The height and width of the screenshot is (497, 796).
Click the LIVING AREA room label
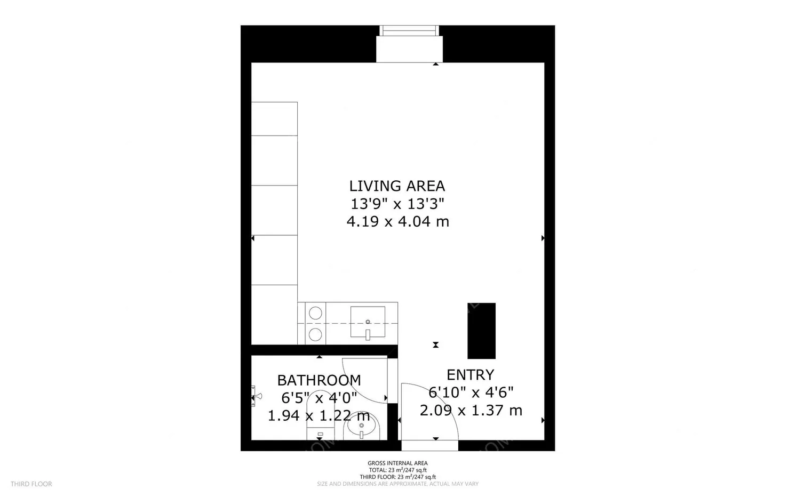[397, 186]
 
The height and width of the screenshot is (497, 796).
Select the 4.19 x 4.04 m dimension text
[397, 221]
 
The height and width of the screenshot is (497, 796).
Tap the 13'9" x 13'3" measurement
[397, 204]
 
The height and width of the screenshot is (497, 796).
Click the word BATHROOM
[319, 380]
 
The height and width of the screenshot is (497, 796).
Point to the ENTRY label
[470, 374]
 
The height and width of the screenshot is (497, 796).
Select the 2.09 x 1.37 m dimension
[471, 410]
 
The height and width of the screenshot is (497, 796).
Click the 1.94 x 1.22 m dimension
[319, 415]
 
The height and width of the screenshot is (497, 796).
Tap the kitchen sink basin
[368, 322]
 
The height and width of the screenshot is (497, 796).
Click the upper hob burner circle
[315, 313]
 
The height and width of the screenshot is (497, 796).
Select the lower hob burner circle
[315, 334]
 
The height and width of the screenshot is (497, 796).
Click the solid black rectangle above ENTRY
[481, 331]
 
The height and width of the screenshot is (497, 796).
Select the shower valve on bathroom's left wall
[256, 396]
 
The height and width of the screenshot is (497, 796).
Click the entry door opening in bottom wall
[429, 445]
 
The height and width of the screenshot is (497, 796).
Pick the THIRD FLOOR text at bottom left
[31, 484]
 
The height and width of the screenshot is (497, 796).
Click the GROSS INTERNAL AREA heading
[397, 463]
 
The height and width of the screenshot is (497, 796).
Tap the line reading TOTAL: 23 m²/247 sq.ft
[397, 470]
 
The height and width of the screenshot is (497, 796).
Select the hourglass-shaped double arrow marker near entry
[436, 345]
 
